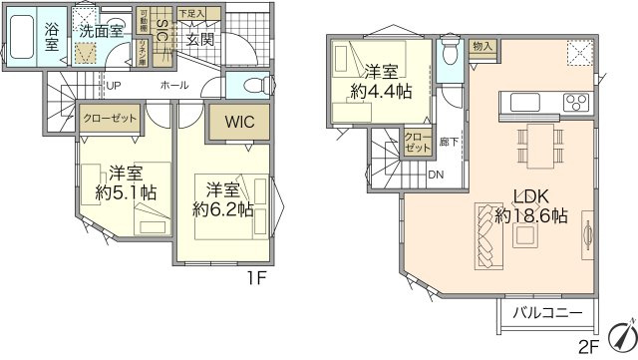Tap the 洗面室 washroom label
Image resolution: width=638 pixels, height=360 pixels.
103,31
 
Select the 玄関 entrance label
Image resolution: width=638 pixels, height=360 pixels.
200,39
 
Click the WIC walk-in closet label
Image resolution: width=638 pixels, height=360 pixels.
239,123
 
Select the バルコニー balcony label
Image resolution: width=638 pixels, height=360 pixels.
547,313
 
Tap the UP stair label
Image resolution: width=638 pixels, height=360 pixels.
116,86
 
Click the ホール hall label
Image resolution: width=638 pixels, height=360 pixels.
173,86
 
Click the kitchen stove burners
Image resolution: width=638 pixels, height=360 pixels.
575,101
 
